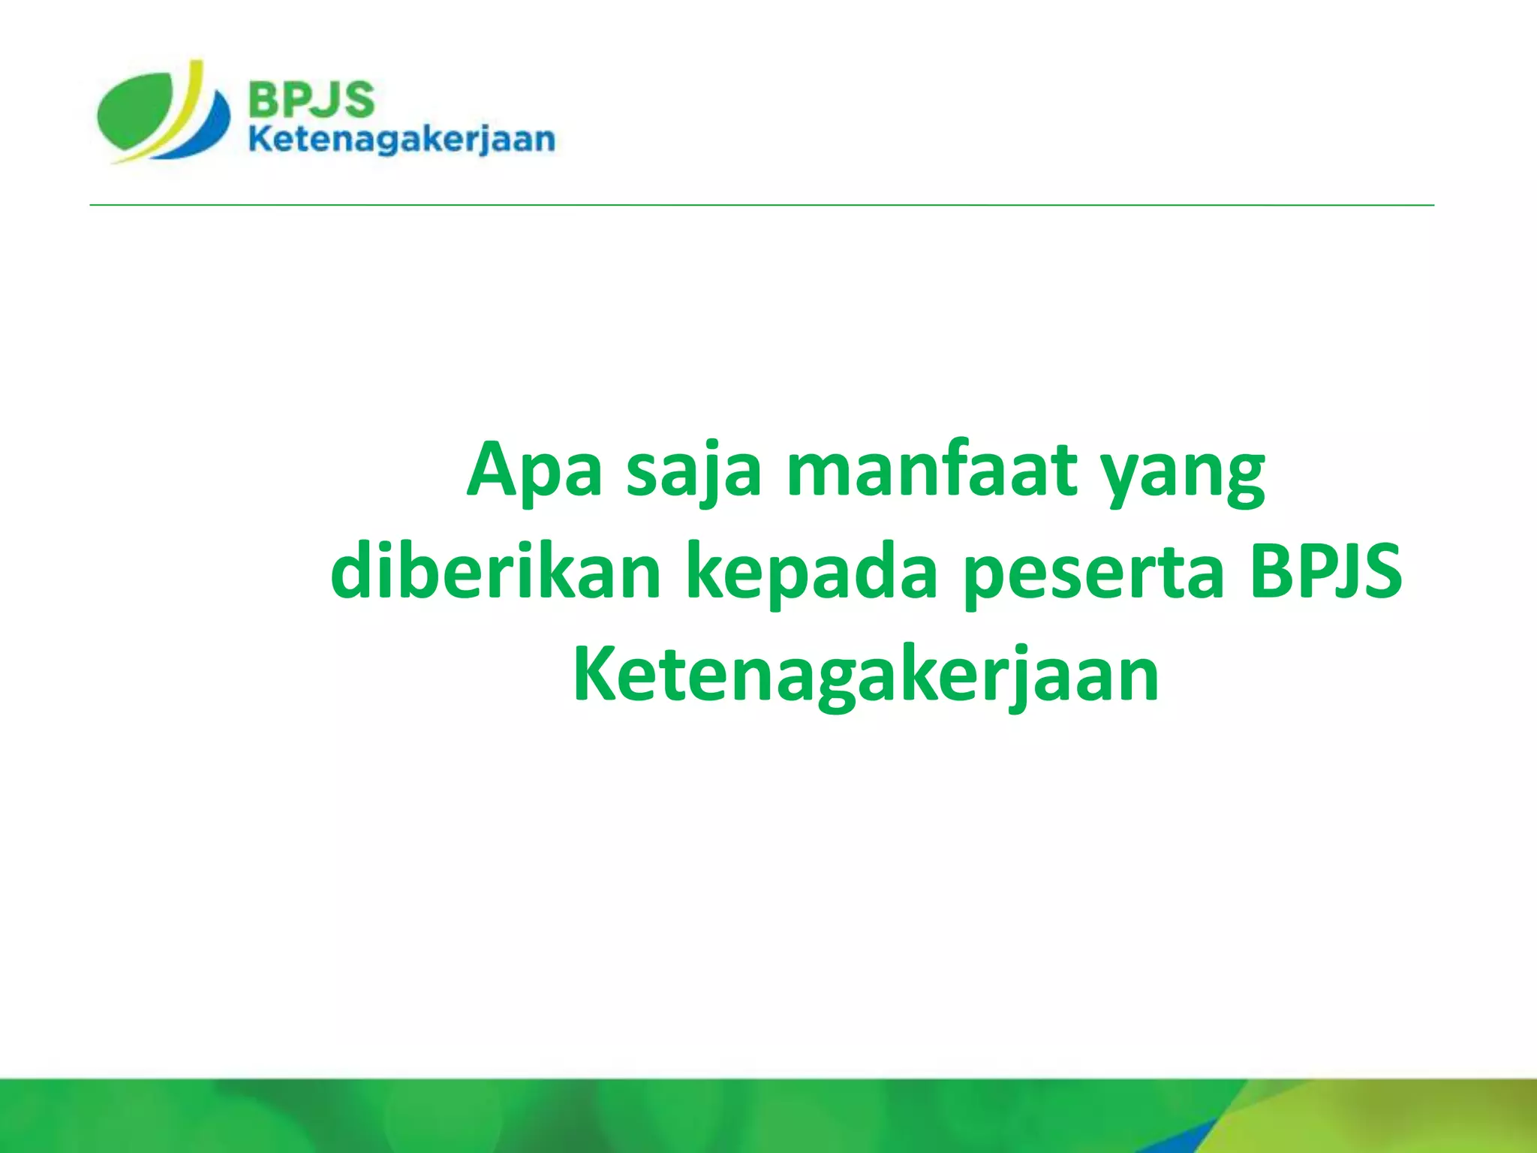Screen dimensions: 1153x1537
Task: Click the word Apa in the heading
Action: pos(534,471)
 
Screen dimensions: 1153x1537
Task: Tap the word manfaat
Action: pos(931,470)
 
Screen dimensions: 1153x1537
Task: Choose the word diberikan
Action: pos(495,572)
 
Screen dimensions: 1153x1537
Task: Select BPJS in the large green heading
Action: pos(1326,572)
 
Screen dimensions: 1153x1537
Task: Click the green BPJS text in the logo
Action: pos(311,100)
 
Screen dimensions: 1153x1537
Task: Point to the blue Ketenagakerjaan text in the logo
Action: pos(402,140)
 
